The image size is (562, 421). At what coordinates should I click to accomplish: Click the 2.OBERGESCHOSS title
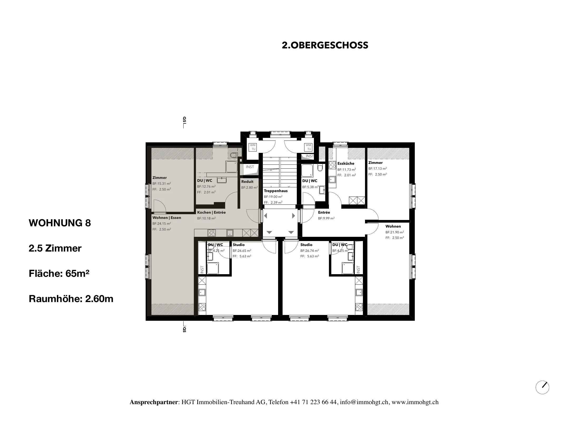325,46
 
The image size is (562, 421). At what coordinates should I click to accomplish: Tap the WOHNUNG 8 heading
60,223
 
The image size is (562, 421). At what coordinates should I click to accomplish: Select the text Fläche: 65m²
59,274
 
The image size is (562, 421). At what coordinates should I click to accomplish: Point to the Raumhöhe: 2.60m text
71,299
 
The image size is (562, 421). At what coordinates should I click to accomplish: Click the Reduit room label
247,182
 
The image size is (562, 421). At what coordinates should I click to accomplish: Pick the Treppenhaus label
276,191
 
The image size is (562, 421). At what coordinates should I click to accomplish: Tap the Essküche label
346,163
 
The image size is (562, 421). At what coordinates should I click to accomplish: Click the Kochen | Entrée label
211,212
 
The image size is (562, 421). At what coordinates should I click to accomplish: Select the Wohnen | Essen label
167,218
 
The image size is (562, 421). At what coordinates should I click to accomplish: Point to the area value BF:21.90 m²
395,232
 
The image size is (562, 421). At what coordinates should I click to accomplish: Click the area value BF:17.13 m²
378,169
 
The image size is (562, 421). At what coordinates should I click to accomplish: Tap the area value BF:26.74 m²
310,251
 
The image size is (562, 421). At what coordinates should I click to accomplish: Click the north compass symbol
543,387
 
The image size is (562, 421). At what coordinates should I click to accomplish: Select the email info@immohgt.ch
364,402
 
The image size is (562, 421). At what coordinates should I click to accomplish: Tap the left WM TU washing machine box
253,147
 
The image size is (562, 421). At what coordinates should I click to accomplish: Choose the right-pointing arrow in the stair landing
294,216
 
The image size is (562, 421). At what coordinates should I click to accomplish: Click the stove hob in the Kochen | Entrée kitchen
211,233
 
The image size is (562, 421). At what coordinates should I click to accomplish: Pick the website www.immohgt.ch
415,402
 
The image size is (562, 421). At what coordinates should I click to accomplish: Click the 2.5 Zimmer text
55,248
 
